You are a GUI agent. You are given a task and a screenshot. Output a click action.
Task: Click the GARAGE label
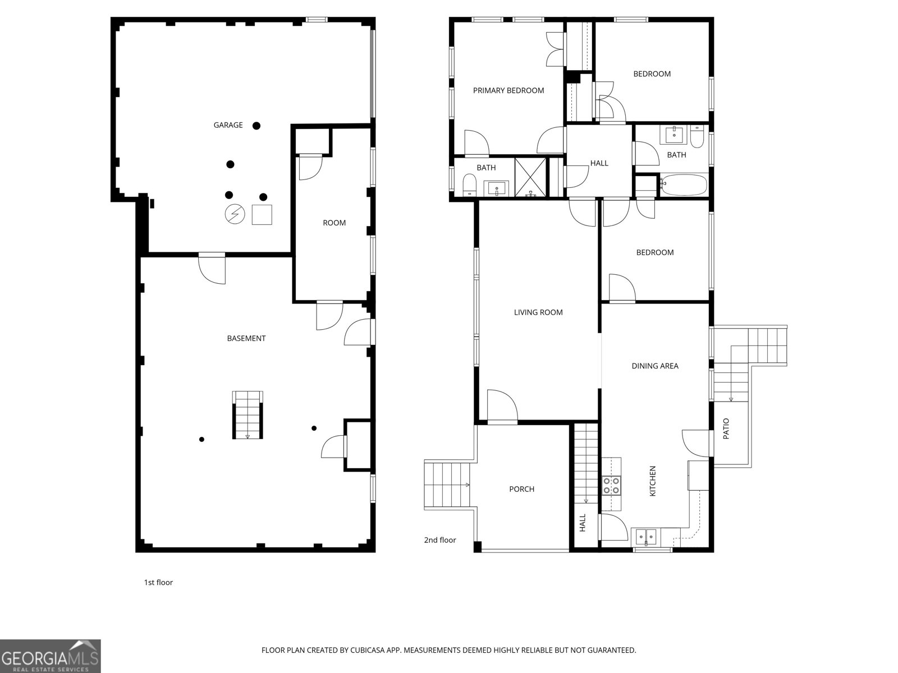point(228,125)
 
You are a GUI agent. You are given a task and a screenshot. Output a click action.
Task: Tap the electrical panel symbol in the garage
point(235,214)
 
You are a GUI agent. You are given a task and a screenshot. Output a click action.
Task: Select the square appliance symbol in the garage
point(262,215)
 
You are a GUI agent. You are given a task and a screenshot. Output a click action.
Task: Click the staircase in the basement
point(248,415)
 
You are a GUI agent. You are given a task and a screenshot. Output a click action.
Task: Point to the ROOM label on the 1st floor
point(335,223)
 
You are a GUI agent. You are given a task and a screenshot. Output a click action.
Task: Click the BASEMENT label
point(246,338)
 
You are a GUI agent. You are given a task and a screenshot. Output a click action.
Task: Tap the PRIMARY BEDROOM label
point(508,91)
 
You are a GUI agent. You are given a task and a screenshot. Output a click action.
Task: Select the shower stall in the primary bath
point(530,178)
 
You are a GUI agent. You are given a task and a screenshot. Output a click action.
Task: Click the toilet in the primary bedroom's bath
point(470,185)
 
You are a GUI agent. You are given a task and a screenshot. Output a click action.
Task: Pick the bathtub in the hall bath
point(684,185)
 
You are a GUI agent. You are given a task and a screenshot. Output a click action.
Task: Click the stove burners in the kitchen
point(611,486)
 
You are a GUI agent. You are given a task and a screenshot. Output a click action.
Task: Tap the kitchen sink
point(646,536)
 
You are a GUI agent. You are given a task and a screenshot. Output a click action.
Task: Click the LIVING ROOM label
point(538,312)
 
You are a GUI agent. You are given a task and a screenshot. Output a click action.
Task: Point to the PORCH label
point(521,489)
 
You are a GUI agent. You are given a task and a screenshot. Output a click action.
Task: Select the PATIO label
point(726,428)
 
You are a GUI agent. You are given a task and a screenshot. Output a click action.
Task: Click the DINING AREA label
point(655,366)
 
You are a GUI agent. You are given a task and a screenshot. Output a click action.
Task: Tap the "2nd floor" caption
point(440,540)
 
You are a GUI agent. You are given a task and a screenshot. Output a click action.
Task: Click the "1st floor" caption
point(158,583)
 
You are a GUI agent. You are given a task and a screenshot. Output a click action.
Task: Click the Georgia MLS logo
point(51,656)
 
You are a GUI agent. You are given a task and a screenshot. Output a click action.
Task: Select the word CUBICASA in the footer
point(368,650)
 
